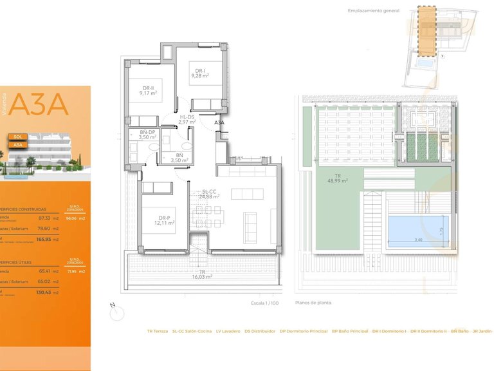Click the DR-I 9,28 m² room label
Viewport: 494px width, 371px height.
point(201,74)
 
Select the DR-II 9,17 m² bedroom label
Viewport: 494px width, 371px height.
point(149,90)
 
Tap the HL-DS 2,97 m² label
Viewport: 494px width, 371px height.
point(187,119)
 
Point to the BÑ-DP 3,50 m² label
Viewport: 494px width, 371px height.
point(149,135)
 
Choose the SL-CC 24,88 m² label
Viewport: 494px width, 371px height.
point(210,194)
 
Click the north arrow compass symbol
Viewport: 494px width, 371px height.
point(116,312)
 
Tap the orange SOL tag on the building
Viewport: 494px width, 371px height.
point(18,137)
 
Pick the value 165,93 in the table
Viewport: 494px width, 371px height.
point(44,239)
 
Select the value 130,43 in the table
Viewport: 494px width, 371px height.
point(44,292)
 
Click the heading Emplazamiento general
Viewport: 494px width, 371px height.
point(374,11)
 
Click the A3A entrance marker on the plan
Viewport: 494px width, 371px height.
point(219,122)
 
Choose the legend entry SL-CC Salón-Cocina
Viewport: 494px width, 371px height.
point(191,331)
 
